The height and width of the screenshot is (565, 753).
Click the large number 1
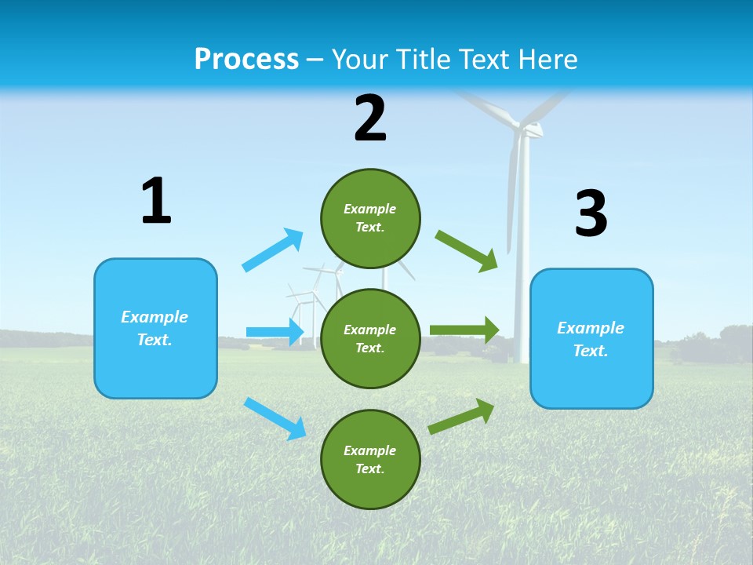click(156, 202)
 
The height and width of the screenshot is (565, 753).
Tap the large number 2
click(370, 118)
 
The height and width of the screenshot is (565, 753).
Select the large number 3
click(591, 214)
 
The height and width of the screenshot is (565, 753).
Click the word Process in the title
click(246, 59)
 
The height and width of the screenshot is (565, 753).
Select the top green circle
click(370, 218)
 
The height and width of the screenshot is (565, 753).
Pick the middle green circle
click(370, 338)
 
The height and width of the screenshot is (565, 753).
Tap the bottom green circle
click(370, 459)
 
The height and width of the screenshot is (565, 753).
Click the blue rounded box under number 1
click(155, 328)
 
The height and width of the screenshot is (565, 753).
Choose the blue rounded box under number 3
click(591, 338)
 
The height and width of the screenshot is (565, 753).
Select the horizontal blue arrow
click(275, 332)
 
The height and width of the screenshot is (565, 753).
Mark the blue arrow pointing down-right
click(275, 418)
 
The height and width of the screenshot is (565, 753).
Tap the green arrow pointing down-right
click(467, 250)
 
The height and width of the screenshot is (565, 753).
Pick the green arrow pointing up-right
click(461, 417)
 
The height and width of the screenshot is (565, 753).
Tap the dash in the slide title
click(315, 60)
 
